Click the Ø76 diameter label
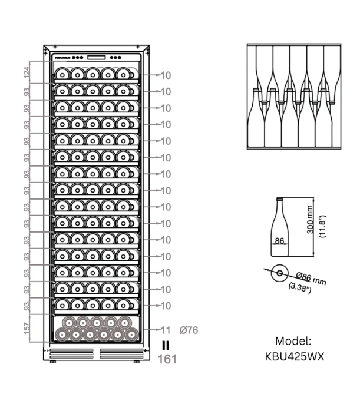[189, 330]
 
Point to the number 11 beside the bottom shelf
[166, 330]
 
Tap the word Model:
[293, 341]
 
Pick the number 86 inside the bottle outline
[279, 241]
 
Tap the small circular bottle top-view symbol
[279, 273]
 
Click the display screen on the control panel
[97, 58]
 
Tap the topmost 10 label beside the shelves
[166, 75]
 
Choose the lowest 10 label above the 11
[166, 306]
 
